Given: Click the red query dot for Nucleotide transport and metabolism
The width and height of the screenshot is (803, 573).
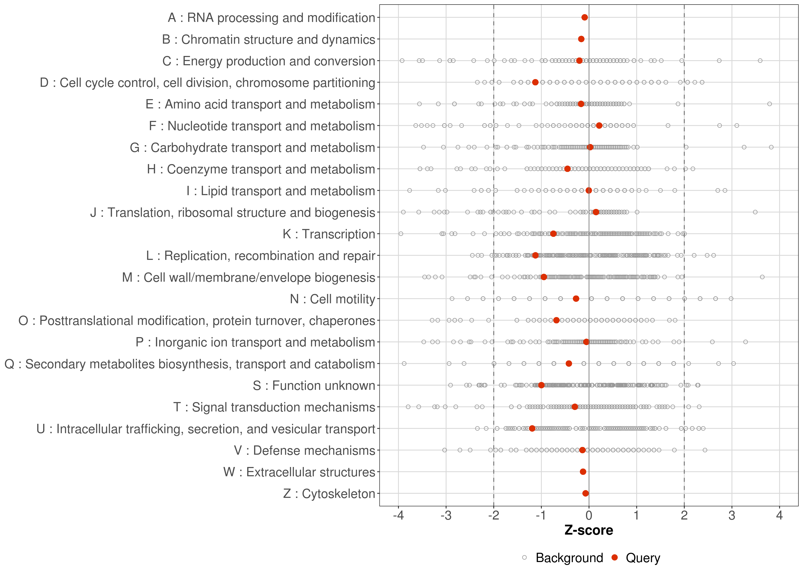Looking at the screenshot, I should (599, 126).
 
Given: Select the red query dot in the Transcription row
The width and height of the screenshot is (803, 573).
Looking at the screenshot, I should (553, 234).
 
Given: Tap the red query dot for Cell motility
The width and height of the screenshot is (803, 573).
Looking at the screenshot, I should (576, 299).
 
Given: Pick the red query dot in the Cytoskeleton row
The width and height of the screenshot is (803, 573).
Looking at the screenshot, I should (585, 493).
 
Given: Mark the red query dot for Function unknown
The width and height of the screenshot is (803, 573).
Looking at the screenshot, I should (541, 385).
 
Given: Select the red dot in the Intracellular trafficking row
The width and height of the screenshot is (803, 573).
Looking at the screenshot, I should (532, 428).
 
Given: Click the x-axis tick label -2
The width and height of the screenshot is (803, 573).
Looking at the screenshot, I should (493, 516).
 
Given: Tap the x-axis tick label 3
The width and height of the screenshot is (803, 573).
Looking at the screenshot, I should (732, 516).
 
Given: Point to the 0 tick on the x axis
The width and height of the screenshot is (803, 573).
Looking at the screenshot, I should (589, 516).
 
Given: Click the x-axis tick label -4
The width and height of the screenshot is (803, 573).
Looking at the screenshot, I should (398, 516).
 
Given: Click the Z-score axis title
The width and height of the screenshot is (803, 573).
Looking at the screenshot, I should (589, 530).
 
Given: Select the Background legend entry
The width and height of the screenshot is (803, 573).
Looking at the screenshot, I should (569, 558).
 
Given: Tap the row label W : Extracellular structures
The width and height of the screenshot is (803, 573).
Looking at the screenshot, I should (299, 472).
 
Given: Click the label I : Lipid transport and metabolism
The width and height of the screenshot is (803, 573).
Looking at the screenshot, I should (281, 191).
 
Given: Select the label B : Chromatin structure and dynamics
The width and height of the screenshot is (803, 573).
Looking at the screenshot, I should (268, 40).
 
